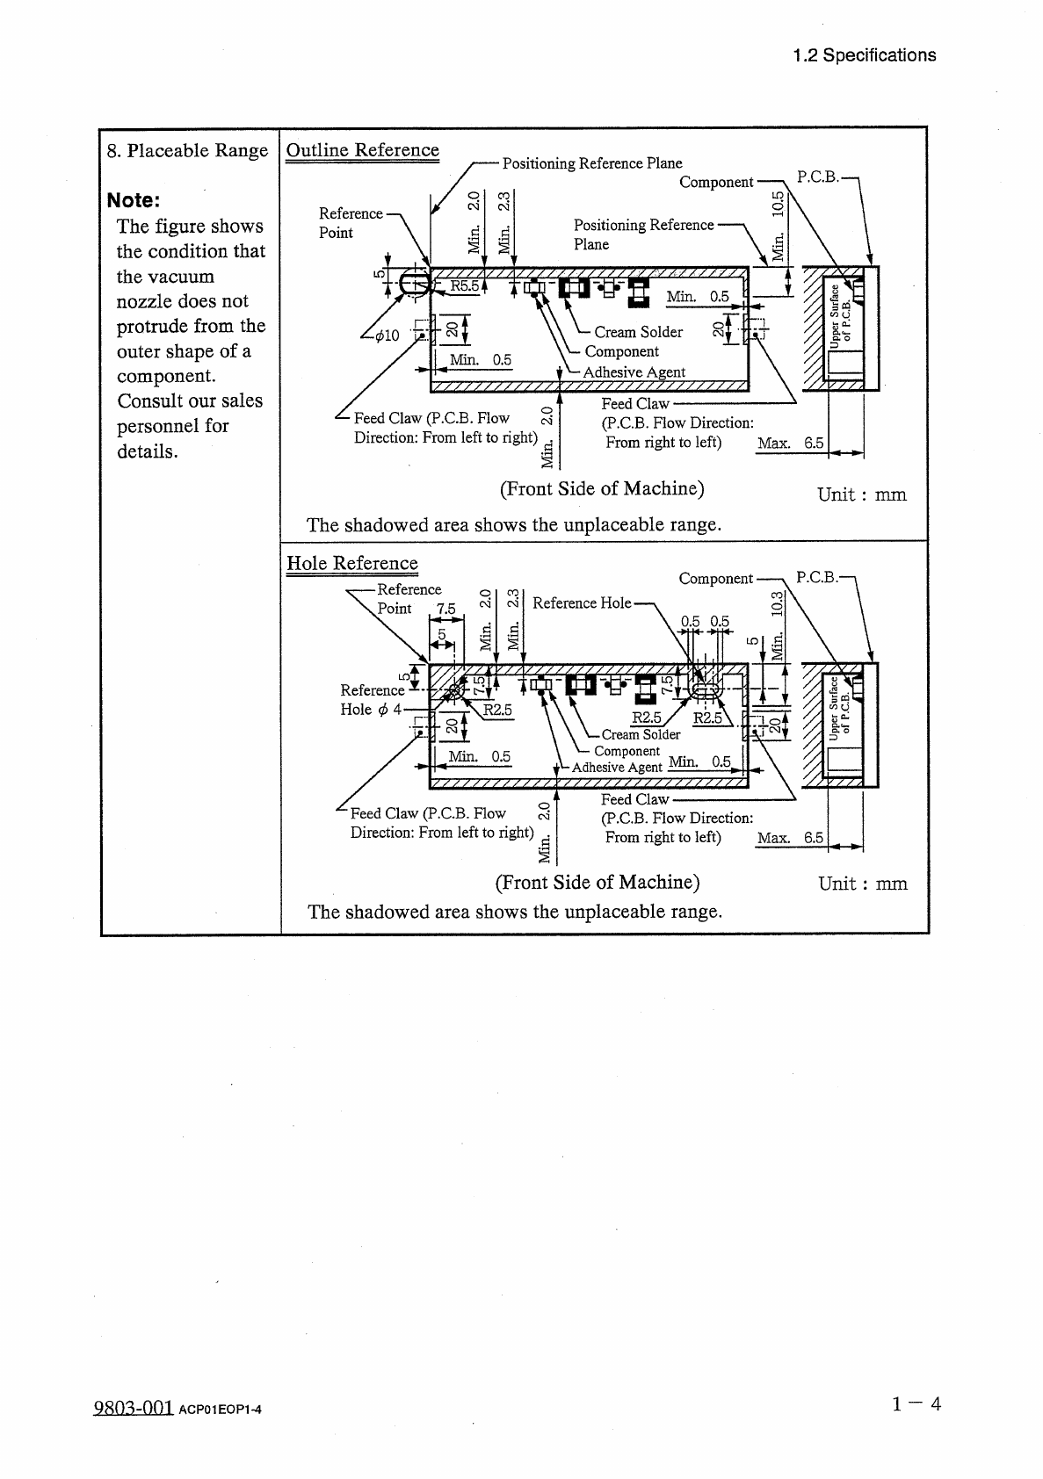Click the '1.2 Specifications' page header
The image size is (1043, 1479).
coord(864,55)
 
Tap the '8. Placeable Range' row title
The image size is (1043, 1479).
coord(187,150)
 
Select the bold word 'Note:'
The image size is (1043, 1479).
coord(134,200)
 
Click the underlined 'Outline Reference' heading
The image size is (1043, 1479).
coord(362,150)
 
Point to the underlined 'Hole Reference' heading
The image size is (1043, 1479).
coord(351,564)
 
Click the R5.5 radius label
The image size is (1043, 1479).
coord(464,285)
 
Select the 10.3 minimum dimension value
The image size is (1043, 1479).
coord(777,605)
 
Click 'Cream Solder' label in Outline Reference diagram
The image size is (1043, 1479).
coord(638,332)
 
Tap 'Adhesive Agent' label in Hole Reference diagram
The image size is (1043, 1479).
coord(617,768)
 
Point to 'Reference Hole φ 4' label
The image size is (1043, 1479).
coord(372,700)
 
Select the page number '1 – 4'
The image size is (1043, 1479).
coord(916,1403)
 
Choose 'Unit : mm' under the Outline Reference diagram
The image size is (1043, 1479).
coord(861,494)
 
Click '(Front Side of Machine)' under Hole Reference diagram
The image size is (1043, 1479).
coord(598,882)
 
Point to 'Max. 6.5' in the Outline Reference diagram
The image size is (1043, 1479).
coord(790,444)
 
